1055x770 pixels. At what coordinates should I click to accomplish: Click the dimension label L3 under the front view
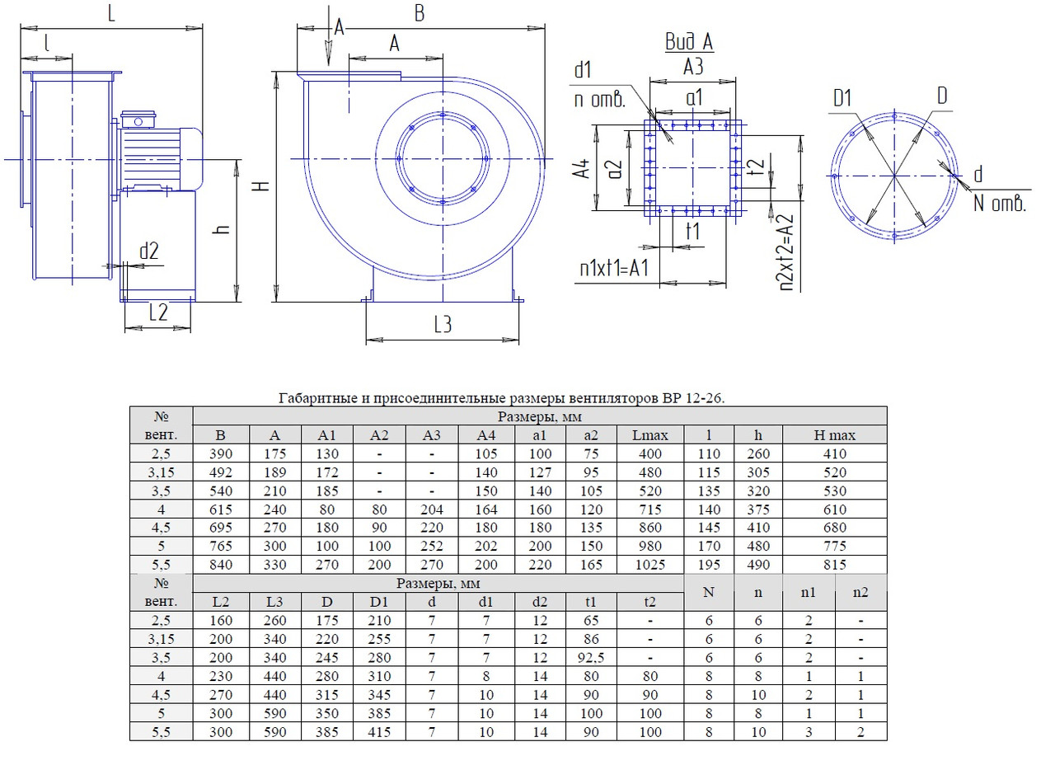pyautogui.click(x=443, y=326)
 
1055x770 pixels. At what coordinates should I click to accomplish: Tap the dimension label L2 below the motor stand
pyautogui.click(x=158, y=312)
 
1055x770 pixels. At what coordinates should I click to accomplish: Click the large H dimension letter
pyautogui.click(x=262, y=186)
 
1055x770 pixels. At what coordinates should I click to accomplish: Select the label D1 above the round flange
pyautogui.click(x=842, y=100)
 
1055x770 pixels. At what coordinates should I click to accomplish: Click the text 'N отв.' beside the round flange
pyautogui.click(x=999, y=204)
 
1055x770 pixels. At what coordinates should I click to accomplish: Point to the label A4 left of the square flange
pyautogui.click(x=582, y=169)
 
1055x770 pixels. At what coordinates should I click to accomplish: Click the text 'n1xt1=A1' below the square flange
pyautogui.click(x=614, y=269)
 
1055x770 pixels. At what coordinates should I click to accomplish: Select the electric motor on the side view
pyautogui.click(x=161, y=154)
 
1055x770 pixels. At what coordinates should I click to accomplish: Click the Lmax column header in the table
pyautogui.click(x=650, y=434)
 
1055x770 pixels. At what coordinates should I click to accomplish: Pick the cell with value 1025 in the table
pyautogui.click(x=650, y=565)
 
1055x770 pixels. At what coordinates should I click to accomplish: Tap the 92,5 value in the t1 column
pyautogui.click(x=590, y=658)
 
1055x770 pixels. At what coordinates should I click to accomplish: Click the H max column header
pyautogui.click(x=834, y=434)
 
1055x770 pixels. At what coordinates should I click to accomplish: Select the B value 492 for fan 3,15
pyautogui.click(x=220, y=472)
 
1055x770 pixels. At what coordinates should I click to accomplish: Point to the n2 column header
pyautogui.click(x=860, y=592)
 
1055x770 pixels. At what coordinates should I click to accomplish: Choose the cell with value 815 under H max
pyautogui.click(x=834, y=565)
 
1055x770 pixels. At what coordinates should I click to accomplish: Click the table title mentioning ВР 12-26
pyautogui.click(x=502, y=398)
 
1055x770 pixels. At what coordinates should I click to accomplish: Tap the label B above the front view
pyautogui.click(x=419, y=14)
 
